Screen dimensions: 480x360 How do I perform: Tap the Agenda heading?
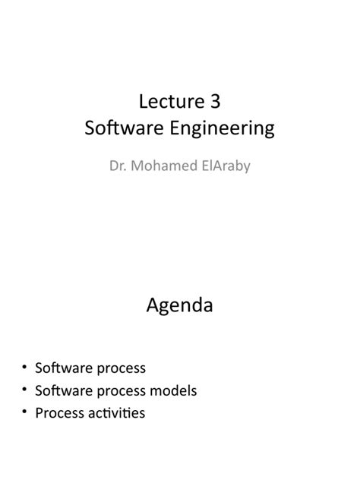pos(179,308)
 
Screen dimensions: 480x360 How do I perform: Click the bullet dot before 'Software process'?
pos(25,368)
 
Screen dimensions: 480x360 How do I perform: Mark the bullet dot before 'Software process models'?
pos(25,390)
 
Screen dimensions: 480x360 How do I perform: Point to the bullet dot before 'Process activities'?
pos(25,413)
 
